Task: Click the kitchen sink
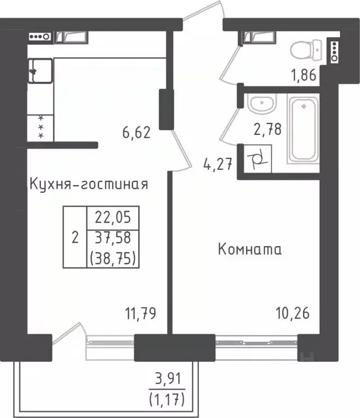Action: click(x=39, y=70)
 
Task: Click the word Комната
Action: click(x=250, y=250)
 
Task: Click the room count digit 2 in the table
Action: click(x=75, y=237)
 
